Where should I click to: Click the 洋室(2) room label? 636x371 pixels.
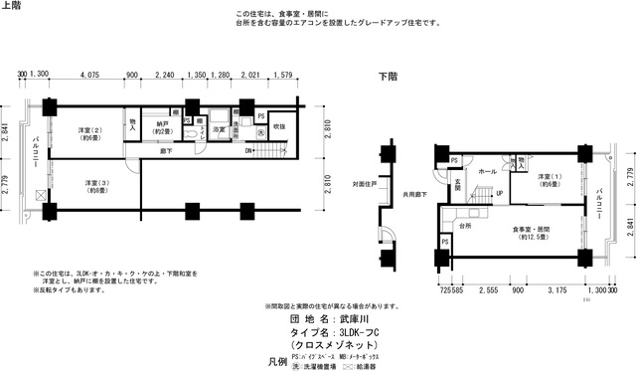(90, 134)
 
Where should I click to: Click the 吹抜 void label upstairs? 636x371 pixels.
(279, 126)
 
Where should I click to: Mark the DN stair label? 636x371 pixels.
(248, 151)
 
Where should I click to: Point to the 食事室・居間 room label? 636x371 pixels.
(532, 235)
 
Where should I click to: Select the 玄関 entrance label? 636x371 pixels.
(457, 186)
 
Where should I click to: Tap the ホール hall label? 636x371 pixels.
(487, 172)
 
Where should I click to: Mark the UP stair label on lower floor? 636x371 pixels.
(498, 193)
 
